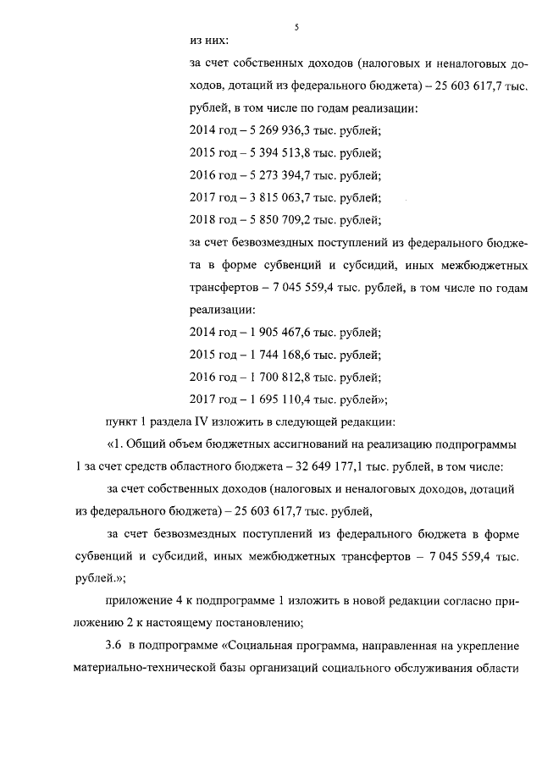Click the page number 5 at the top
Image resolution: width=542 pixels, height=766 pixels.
tap(297, 27)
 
